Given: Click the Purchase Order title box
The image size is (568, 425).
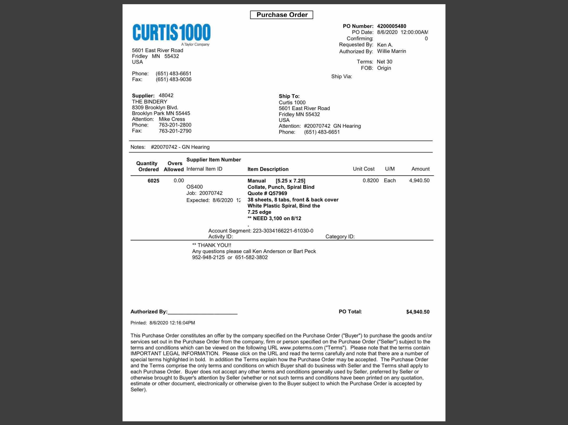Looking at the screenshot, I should coord(282,15).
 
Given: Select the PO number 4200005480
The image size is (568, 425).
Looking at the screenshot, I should coord(391,26).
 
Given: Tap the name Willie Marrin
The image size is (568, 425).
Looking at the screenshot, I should coord(391,51).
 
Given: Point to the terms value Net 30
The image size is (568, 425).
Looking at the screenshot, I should coord(384,62).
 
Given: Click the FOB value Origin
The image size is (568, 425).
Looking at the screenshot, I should coord(384,68).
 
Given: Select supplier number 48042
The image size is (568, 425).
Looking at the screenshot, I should coord(166,95).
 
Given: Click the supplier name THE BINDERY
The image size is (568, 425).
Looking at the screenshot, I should coord(149,102).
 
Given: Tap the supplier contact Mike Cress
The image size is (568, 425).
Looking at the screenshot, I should coord(172,119).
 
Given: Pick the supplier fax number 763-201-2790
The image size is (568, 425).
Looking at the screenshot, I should coord(175,131).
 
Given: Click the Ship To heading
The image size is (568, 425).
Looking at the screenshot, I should coord(289,96).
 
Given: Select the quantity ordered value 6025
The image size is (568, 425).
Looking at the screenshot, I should coord(153,181).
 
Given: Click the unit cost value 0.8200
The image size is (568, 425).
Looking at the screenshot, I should coord(371,180).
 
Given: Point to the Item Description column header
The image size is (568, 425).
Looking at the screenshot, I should coord(268,169).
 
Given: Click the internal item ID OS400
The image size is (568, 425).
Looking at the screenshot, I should coord(194,187).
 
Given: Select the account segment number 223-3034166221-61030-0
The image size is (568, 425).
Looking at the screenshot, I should coord(283,231).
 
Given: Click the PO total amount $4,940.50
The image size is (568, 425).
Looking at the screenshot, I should coord(418,312).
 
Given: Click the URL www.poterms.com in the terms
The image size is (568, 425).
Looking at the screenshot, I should coord(301,348).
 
